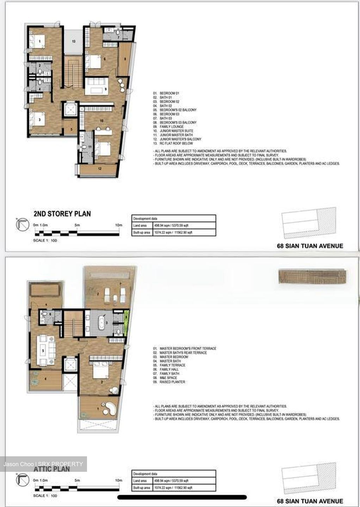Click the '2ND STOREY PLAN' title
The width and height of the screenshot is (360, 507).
[x=62, y=214]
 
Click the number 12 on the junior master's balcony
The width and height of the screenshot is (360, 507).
[x=100, y=169]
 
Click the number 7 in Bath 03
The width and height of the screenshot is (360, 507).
[x=118, y=37]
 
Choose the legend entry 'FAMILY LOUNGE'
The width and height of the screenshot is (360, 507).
[x=172, y=127]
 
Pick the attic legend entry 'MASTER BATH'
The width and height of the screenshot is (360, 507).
[x=170, y=361]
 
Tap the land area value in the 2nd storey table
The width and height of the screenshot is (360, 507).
[x=173, y=225]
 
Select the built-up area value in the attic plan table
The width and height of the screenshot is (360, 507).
[x=173, y=488]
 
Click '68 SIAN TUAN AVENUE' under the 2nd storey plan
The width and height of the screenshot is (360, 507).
[x=310, y=246]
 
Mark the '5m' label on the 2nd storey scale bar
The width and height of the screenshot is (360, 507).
[x=77, y=225]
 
